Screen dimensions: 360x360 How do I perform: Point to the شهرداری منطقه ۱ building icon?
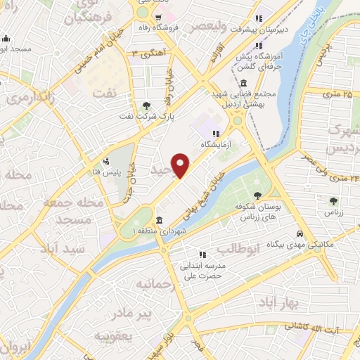[160, 220]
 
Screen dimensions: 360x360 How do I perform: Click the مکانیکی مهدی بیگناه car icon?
[300, 233]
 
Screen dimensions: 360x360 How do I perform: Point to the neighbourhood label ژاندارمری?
[31, 98]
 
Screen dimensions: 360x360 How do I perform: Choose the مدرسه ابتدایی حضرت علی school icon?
[202, 255]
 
